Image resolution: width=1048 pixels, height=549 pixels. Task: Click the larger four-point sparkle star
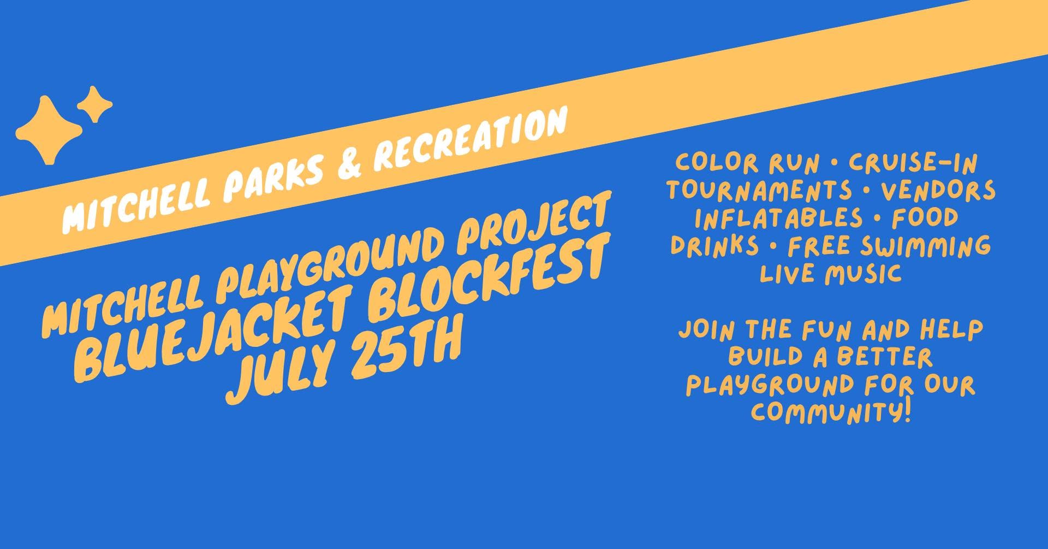[x=49, y=132]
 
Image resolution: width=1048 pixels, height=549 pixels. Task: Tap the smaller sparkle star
[x=94, y=104]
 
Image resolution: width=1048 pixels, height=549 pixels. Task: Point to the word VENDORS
[x=938, y=190]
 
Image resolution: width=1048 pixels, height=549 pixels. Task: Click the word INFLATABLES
[x=779, y=217]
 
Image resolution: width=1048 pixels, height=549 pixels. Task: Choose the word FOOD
[x=925, y=217]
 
